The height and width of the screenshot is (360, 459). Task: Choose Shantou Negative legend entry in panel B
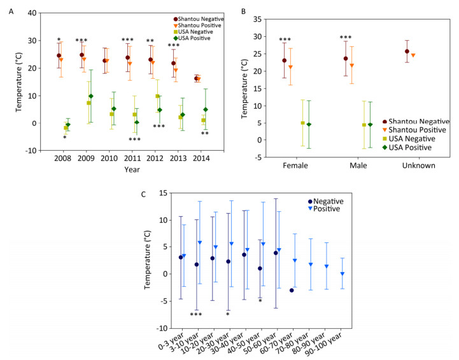pos(409,121)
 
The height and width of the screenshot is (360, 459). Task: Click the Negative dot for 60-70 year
pos(291,290)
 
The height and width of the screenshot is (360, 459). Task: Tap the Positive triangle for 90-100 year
pos(342,273)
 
